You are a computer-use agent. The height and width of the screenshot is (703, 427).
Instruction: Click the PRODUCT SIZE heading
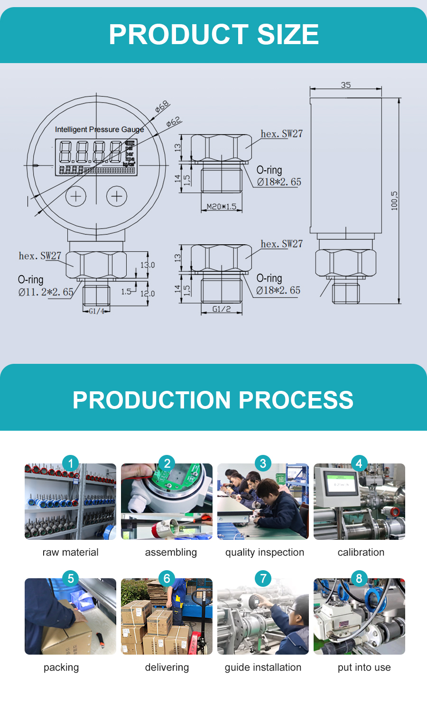pyautogui.click(x=213, y=35)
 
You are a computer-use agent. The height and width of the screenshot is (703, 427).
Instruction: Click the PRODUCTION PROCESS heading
pyautogui.click(x=213, y=400)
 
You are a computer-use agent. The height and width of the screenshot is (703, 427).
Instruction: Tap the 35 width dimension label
pyautogui.click(x=346, y=85)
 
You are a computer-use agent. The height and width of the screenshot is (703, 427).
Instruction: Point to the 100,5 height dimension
pyautogui.click(x=394, y=201)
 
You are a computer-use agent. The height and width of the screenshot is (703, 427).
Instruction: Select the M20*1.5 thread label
pyautogui.click(x=222, y=207)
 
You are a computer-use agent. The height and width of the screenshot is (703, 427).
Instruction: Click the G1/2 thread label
pyautogui.click(x=222, y=309)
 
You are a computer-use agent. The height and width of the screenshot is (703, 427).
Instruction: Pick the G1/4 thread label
pyautogui.click(x=96, y=311)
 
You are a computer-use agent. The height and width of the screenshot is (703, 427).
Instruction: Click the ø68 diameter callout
pyautogui.click(x=162, y=107)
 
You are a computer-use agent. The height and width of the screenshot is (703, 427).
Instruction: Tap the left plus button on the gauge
pyautogui.click(x=76, y=196)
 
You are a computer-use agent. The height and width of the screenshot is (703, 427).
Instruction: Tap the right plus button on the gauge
pyautogui.click(x=117, y=196)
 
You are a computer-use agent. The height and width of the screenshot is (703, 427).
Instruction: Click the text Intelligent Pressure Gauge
pyautogui.click(x=99, y=129)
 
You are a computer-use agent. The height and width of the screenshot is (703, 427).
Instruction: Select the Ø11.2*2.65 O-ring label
pyautogui.click(x=46, y=292)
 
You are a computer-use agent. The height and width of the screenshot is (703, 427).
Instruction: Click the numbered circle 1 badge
pyautogui.click(x=71, y=463)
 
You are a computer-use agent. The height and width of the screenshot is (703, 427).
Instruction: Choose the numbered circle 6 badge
pyautogui.click(x=167, y=578)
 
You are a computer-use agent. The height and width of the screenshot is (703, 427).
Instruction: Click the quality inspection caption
pyautogui.click(x=265, y=552)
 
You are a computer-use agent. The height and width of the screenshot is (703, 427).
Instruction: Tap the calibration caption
pyautogui.click(x=361, y=552)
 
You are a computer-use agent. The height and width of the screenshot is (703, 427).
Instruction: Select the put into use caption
pyautogui.click(x=364, y=667)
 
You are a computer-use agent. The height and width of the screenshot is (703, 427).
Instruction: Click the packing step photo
pyautogui.click(x=70, y=617)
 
